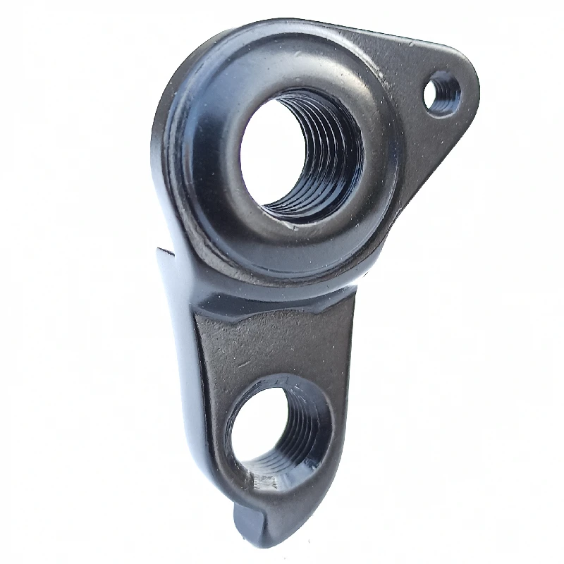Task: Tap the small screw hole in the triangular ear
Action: point(443,94)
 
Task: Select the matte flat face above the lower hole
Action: point(275,345)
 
